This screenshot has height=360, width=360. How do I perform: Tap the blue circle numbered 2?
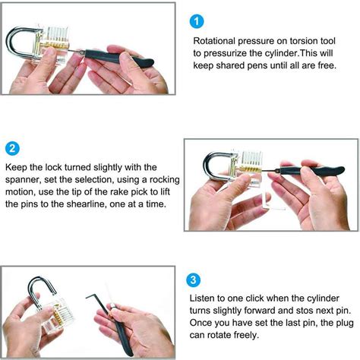pyautogui.click(x=13, y=147)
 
